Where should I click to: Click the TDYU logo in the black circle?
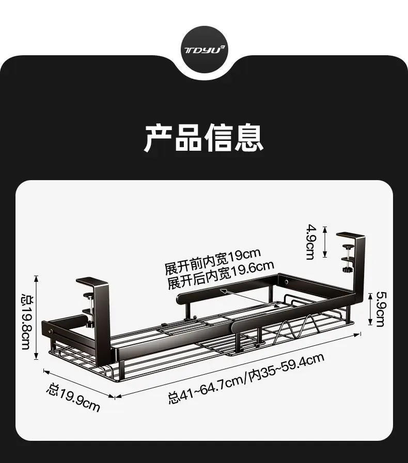click(205, 50)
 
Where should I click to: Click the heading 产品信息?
click(203, 138)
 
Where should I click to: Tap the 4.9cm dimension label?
click(310, 242)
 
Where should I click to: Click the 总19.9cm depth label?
click(73, 398)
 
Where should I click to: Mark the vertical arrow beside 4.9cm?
click(325, 241)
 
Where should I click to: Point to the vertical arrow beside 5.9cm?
click(370, 309)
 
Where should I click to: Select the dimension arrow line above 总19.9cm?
click(79, 384)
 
